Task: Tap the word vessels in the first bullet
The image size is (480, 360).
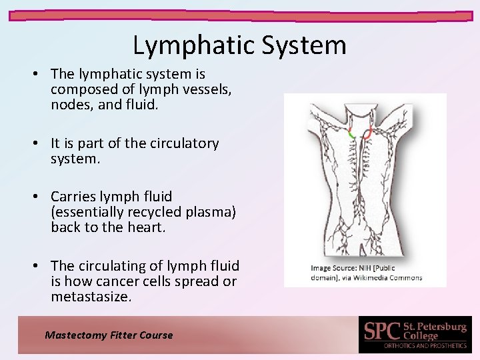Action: tap(201, 89)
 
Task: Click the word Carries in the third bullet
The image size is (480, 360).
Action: tap(73, 197)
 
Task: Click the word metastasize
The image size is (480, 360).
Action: tap(91, 297)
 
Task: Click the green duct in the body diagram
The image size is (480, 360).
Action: tap(352, 133)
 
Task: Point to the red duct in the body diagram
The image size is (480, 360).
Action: tap(367, 135)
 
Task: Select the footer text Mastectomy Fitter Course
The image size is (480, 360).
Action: tap(109, 335)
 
